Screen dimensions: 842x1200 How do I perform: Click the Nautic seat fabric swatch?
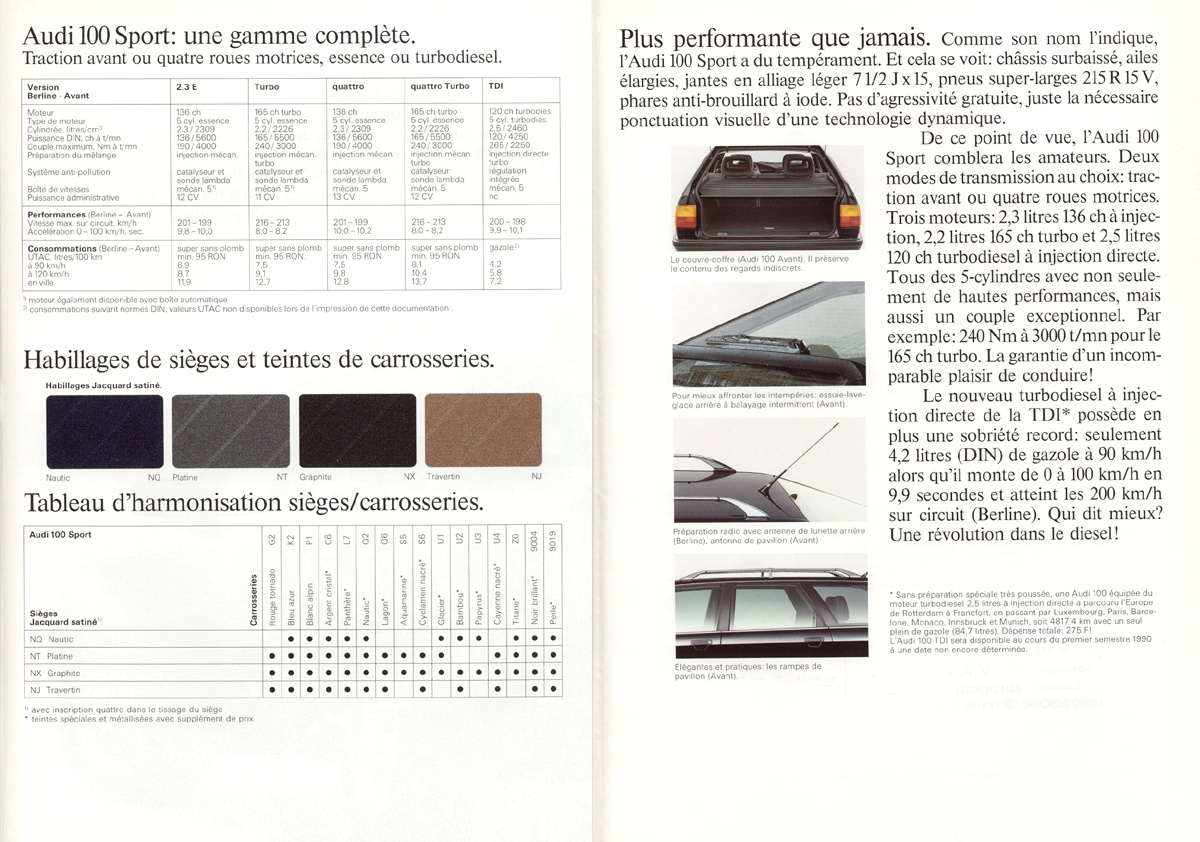coord(104,431)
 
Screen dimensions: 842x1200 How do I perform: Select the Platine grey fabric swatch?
coord(231,431)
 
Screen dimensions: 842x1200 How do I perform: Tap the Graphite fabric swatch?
coord(357,431)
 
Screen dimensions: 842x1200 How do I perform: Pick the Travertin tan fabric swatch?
coord(484,431)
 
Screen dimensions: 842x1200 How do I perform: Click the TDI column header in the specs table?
coord(497,87)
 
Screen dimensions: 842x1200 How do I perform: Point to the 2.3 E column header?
coord(186,87)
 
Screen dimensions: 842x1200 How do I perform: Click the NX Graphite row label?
coord(55,673)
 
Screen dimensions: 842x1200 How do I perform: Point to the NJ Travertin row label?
coord(55,690)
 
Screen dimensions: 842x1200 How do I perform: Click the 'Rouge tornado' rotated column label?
coord(272,598)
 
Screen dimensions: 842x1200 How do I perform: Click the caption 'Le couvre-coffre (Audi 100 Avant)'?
coord(737,260)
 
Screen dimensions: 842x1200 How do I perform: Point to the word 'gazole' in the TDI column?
coord(502,246)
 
